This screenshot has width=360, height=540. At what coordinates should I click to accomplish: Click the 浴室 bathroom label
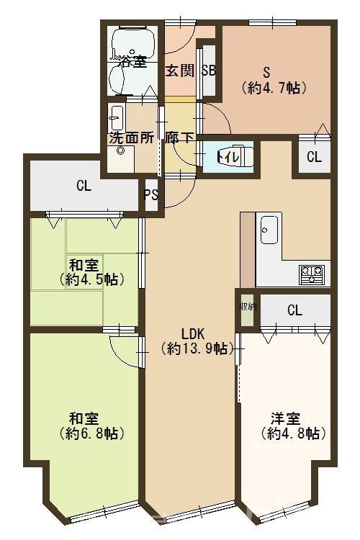click(132, 62)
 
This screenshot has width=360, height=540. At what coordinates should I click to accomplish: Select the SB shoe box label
click(208, 71)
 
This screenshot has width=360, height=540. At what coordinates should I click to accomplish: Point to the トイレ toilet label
click(228, 158)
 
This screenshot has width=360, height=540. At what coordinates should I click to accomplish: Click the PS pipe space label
click(151, 195)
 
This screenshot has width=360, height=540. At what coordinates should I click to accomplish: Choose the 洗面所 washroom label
click(132, 138)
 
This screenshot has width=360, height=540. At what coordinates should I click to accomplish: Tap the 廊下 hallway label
click(179, 138)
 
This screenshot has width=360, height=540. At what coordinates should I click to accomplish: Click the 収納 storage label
click(248, 307)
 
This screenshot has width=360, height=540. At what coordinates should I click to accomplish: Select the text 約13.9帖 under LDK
click(194, 349)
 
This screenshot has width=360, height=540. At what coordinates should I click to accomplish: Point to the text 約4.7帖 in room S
click(274, 88)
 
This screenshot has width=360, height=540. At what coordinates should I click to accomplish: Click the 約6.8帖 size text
click(91, 433)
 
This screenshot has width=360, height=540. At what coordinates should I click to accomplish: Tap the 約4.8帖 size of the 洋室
click(293, 433)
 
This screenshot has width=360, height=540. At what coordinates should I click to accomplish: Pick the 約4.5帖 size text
click(91, 279)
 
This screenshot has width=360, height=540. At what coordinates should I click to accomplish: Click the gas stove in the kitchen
click(312, 274)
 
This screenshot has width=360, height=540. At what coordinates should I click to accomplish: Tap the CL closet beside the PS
click(84, 186)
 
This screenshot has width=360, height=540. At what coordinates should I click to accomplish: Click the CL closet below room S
click(314, 157)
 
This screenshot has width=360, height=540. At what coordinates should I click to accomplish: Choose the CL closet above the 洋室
click(295, 310)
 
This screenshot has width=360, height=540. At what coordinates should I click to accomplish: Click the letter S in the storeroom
click(266, 72)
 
